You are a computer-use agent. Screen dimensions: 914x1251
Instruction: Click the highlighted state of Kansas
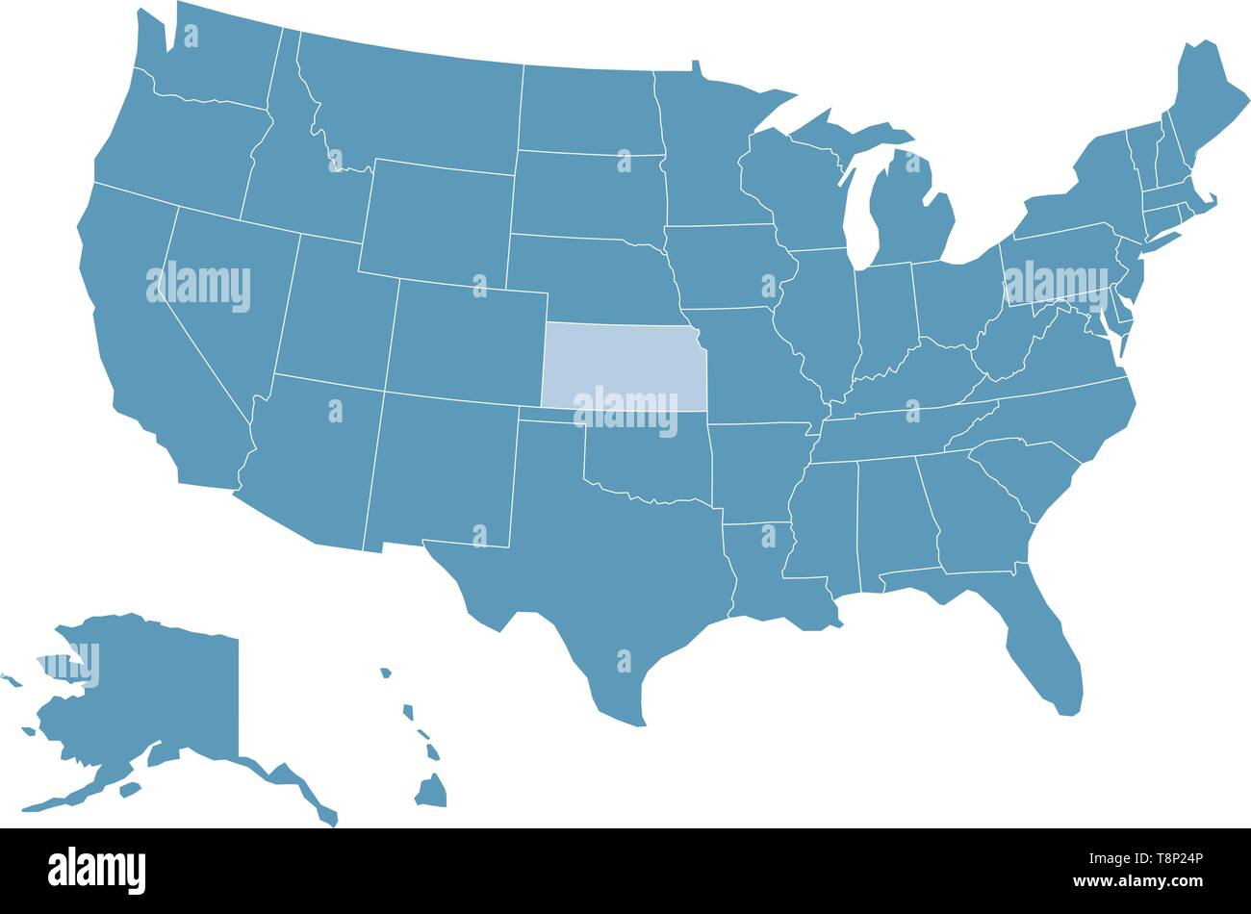pos(624,366)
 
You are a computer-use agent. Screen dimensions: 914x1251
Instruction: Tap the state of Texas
pos(597,568)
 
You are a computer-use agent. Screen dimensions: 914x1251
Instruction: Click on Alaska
pos(154,693)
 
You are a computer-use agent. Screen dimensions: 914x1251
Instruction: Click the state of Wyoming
pos(438,221)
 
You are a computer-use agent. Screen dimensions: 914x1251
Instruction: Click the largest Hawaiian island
pos(431,791)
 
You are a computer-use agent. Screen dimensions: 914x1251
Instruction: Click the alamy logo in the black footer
pos(97,869)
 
